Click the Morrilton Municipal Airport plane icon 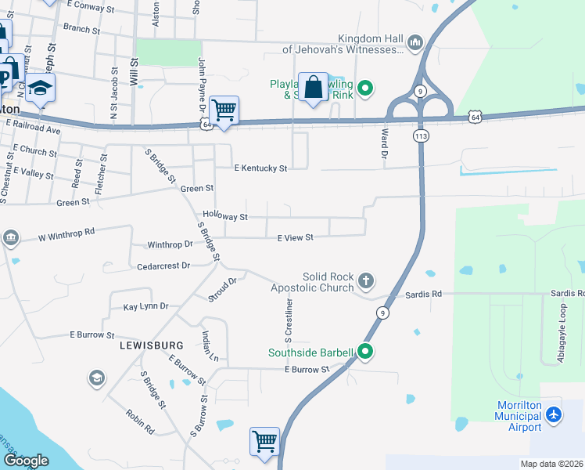(554, 413)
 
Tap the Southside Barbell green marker (364, 352)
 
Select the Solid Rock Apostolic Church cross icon (365, 280)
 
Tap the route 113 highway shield (421, 136)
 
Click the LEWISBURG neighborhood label (151, 345)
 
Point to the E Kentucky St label (261, 168)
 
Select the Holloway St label (224, 216)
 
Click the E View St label (295, 237)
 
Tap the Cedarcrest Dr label (163, 266)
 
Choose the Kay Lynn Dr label (145, 306)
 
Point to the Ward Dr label (384, 146)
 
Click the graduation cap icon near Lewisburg (97, 379)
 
